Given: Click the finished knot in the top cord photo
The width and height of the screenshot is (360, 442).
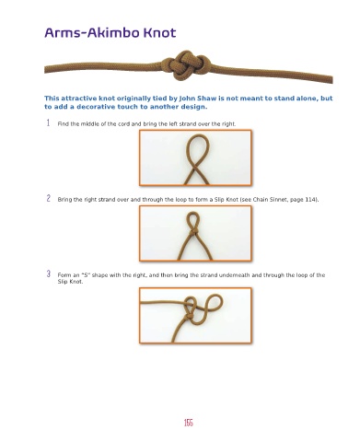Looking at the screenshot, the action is [187, 65].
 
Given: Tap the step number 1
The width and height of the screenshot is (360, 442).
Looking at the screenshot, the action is [48, 123].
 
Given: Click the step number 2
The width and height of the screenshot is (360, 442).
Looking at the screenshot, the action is [49, 198].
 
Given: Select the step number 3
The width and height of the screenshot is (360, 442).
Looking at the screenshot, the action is [49, 273].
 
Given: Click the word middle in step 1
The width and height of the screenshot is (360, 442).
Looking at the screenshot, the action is [88, 124].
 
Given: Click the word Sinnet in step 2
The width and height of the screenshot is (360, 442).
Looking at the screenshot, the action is [279, 200].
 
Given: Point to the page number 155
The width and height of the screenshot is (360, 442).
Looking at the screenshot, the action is [189, 423].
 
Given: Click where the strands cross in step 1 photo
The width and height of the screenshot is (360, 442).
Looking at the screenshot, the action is [195, 169].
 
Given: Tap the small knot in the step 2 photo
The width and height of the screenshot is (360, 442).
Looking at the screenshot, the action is [192, 231].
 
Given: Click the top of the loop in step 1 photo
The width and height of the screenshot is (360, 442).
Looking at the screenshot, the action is [196, 135].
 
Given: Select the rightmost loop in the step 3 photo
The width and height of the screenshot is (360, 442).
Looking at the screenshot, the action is [215, 302].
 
